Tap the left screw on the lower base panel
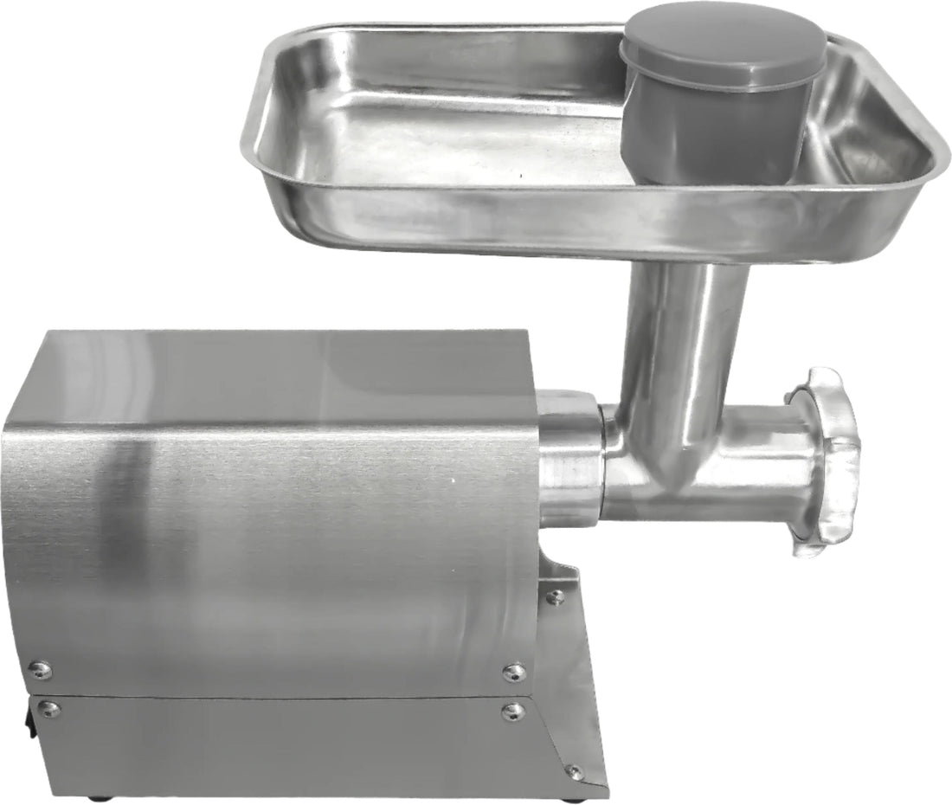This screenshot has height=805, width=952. tap(49, 709)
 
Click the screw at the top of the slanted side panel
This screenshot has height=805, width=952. tap(555, 596)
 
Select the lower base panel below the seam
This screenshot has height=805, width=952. tap(277, 744)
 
